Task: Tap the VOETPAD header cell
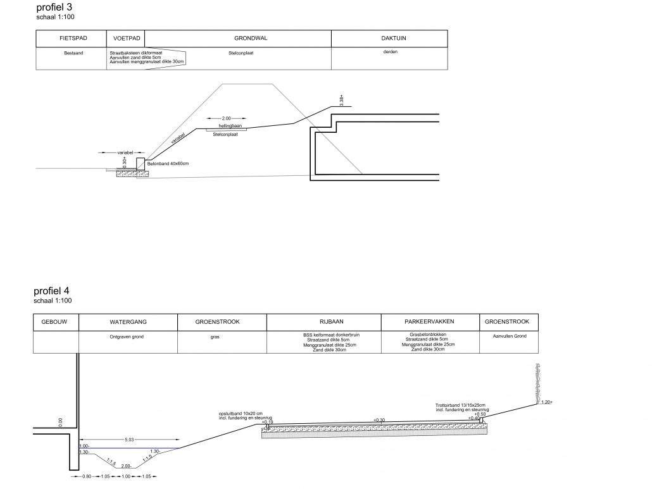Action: [126, 39]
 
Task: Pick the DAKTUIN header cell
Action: [390, 39]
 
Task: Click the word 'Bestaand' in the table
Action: [73, 54]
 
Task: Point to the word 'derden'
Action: [390, 53]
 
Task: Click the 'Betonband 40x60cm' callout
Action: [168, 163]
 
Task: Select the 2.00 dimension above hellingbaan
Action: [227, 118]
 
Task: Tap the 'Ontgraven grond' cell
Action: [127, 337]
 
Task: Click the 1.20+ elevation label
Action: [548, 402]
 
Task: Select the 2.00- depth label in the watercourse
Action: [127, 466]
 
